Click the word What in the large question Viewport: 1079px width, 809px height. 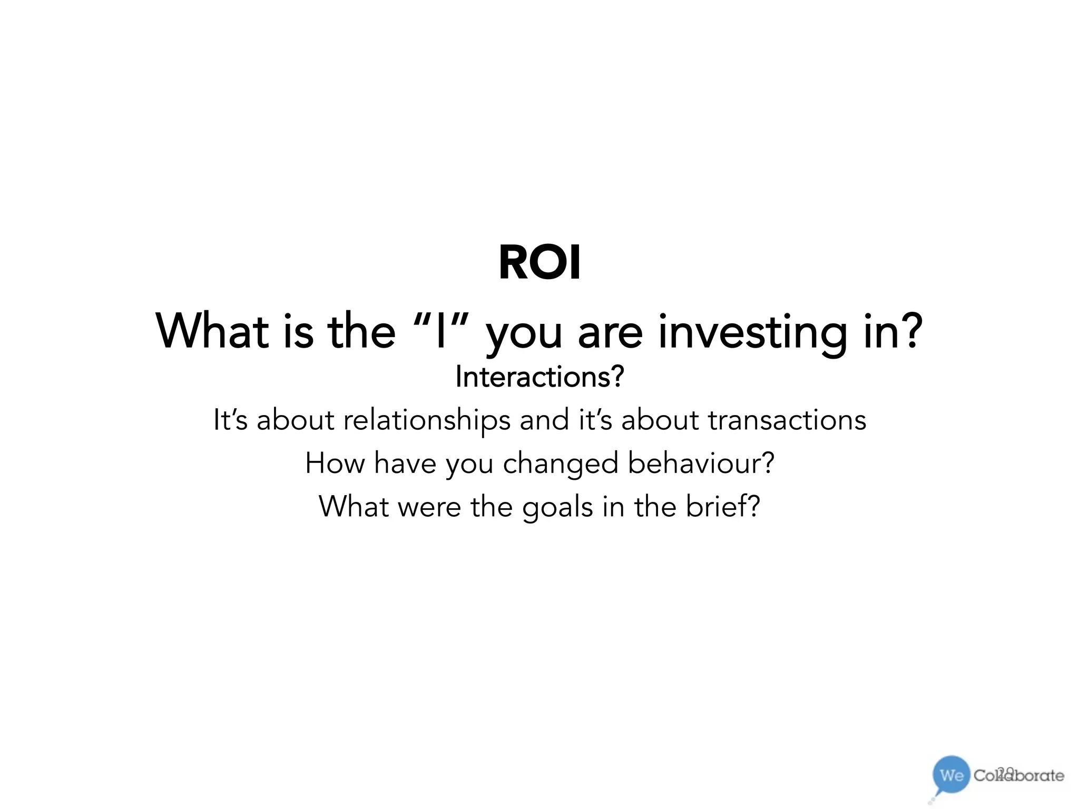tap(211, 331)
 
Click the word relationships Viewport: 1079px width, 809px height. tap(427, 420)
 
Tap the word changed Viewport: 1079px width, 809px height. tap(560, 463)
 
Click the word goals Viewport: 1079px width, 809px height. tap(557, 508)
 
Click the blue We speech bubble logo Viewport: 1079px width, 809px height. tap(951, 775)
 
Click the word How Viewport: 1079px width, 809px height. tap(335, 463)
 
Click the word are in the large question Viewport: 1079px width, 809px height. tap(610, 333)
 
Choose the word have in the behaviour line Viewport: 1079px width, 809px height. tap(405, 463)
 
